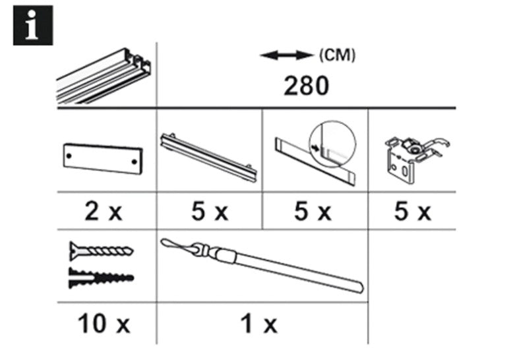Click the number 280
(305, 86)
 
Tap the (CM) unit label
(337, 56)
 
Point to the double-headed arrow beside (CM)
(285, 56)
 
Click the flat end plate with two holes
(102, 158)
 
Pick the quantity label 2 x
(104, 212)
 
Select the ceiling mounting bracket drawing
(414, 155)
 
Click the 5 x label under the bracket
(412, 212)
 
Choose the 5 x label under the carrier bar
(209, 212)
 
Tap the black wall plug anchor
(100, 278)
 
